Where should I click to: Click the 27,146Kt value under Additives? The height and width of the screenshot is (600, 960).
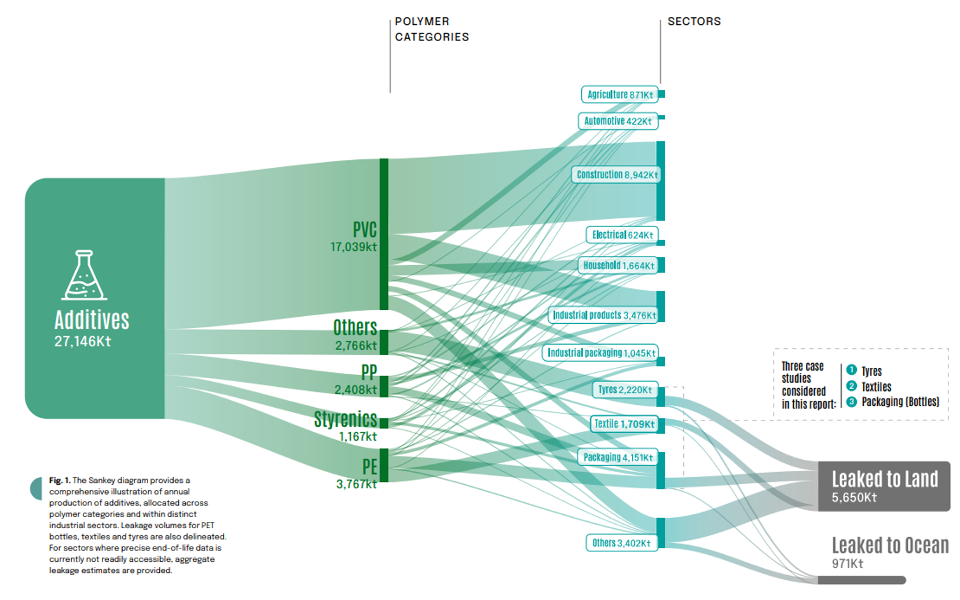82,342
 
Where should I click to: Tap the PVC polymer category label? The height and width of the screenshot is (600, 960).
365,229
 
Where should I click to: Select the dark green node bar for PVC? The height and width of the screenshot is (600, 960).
384,234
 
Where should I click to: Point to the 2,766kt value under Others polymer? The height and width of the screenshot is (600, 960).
356,346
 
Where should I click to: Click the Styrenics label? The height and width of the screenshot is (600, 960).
346,419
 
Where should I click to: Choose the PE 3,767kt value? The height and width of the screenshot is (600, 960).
356,484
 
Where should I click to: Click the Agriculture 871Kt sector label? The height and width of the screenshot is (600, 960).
620,94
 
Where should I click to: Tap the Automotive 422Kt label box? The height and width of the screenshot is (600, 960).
618,121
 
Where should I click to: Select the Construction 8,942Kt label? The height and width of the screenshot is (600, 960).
617,174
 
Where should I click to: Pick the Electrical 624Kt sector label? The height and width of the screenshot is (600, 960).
622,235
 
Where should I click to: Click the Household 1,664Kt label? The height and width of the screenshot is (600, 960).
618,265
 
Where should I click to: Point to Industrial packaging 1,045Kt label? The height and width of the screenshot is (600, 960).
601,353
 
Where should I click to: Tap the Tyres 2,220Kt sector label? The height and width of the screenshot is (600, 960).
625,390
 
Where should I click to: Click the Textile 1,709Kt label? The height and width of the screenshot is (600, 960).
624,424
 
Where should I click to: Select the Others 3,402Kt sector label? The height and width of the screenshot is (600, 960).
621,543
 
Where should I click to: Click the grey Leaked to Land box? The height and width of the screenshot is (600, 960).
884,486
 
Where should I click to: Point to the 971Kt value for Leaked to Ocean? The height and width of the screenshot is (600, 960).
847,564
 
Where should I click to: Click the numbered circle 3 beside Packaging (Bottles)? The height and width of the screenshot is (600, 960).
851,401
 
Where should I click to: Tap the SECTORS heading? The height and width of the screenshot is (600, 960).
694,21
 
